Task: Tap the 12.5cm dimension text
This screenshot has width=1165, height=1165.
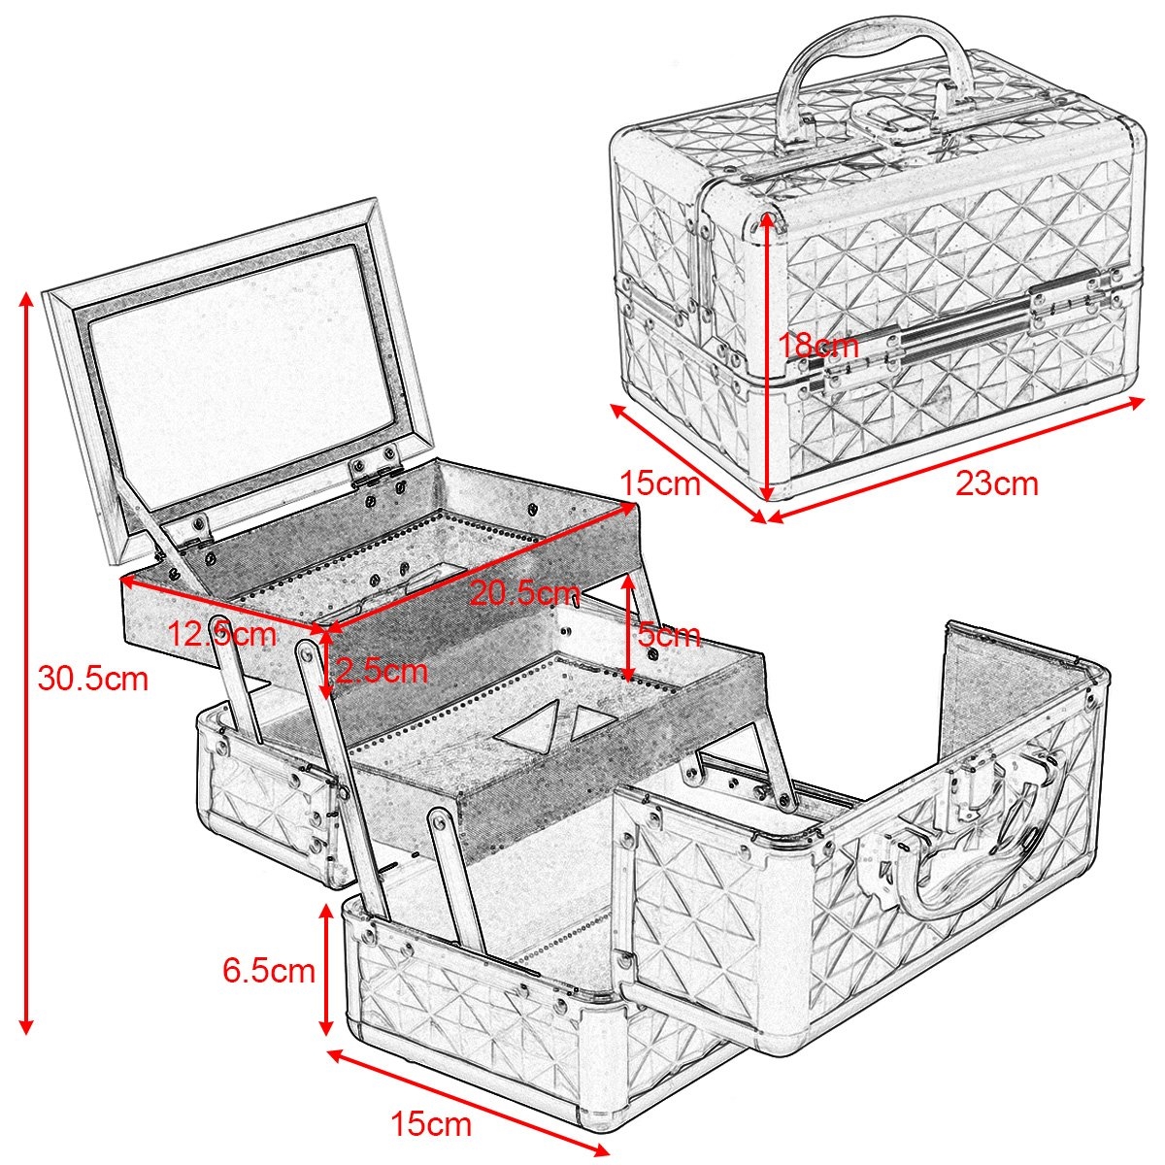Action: point(222,634)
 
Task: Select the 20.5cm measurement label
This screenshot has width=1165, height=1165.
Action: point(524,595)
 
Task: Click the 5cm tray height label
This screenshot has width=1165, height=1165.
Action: point(669,635)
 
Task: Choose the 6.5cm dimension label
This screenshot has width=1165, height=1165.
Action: point(269,971)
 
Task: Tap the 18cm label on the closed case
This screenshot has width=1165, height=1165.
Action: point(817,346)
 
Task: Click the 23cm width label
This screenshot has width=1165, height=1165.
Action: point(997,484)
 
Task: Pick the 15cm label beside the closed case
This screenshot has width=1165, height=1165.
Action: point(661,483)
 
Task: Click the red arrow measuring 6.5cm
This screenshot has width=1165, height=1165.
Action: point(326,979)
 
